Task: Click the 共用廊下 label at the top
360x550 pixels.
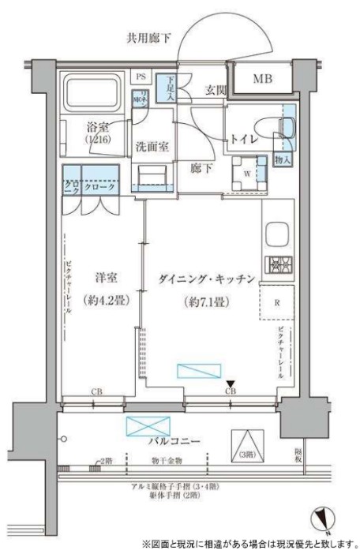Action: coord(149,37)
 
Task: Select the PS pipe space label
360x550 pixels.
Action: coord(142,76)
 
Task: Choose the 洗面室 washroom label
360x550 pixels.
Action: coord(151,146)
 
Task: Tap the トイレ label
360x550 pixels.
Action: coord(246,140)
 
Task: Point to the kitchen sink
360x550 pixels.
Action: coord(278,234)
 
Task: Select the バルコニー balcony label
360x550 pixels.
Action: coord(174,442)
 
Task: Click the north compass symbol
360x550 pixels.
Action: coord(321,517)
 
